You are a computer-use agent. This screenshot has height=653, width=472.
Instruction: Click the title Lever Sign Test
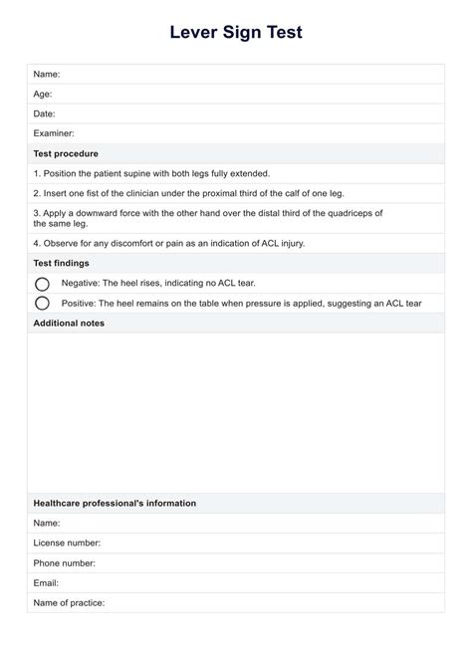click(236, 33)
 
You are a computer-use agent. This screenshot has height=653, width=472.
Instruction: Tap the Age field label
click(43, 94)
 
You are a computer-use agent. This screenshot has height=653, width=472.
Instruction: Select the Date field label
click(44, 113)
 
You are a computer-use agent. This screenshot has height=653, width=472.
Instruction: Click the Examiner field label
click(54, 133)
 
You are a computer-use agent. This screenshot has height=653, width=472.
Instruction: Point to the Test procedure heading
click(66, 153)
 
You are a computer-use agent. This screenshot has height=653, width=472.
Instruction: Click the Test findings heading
click(61, 263)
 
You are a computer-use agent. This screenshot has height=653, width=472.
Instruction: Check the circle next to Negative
click(42, 284)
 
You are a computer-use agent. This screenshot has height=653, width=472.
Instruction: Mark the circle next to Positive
click(42, 303)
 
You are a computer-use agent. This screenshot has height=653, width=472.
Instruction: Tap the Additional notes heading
click(69, 323)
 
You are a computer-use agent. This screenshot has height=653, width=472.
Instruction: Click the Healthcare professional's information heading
click(115, 503)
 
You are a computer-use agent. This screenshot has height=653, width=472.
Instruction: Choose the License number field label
click(67, 543)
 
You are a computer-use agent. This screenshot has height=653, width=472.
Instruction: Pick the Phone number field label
click(65, 562)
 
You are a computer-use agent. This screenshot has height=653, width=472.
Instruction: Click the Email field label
click(46, 582)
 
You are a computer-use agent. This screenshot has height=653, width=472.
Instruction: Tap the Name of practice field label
click(69, 602)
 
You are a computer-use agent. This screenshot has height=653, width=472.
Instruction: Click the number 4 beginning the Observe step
click(36, 243)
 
